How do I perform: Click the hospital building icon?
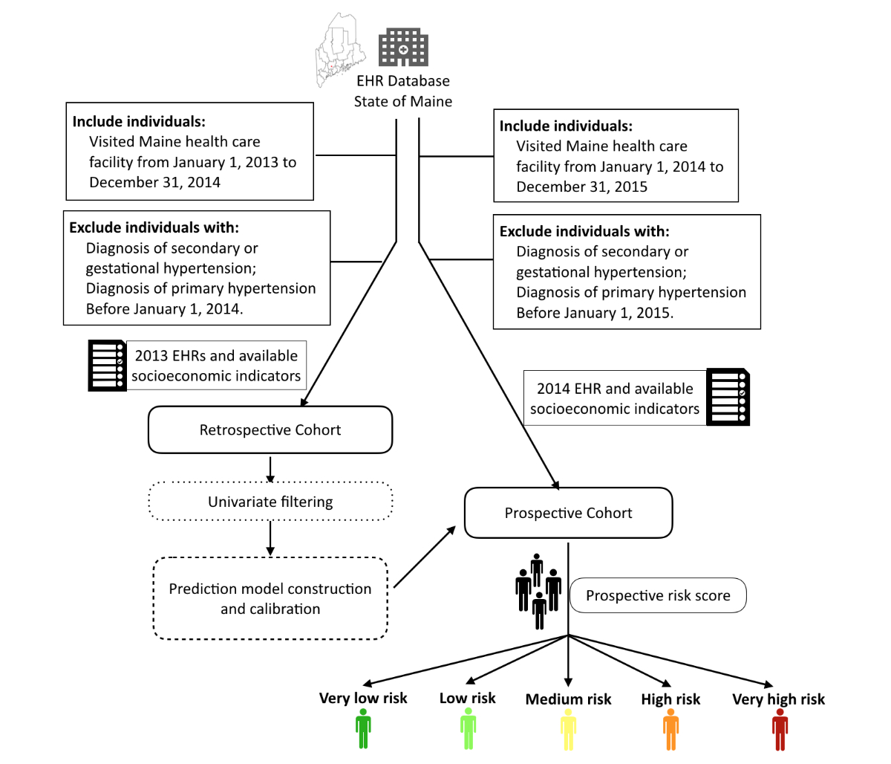[x=403, y=48]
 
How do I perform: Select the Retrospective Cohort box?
[x=270, y=430]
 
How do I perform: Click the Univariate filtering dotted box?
[x=270, y=502]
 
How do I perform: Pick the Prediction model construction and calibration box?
[x=270, y=598]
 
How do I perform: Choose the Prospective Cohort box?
[x=568, y=513]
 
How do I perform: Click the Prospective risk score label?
[x=658, y=595]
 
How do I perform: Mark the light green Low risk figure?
[x=468, y=728]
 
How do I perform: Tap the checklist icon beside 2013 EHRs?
[x=107, y=366]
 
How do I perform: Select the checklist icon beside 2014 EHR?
[x=728, y=398]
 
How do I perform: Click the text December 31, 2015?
[x=582, y=187]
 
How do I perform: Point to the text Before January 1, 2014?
[x=164, y=309]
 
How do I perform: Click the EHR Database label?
[x=403, y=81]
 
